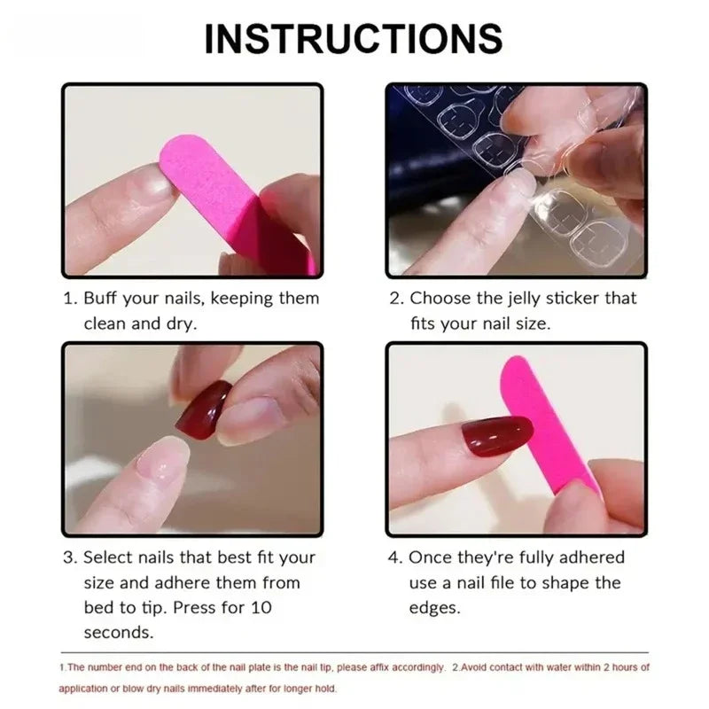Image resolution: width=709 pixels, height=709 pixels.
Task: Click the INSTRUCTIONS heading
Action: tap(354, 39)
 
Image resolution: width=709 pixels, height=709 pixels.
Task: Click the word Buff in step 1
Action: tap(104, 299)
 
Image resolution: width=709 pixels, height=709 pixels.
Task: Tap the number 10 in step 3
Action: tap(262, 608)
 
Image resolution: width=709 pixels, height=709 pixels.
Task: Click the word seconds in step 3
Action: tap(119, 633)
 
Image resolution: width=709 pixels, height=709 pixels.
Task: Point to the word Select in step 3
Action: tap(110, 557)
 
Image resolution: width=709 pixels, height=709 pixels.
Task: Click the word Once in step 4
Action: tap(430, 557)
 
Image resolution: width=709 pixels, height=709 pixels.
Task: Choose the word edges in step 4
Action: tap(434, 608)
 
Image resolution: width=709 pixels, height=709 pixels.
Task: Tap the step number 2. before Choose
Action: tap(396, 299)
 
